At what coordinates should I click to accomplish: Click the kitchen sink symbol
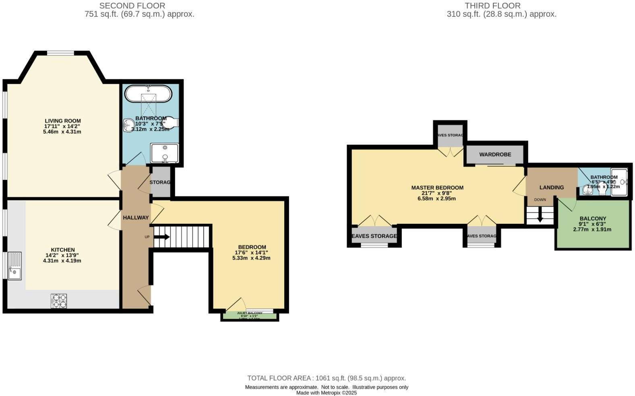15,266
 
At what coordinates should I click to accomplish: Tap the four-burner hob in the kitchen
59,301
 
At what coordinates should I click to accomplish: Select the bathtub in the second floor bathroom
148,95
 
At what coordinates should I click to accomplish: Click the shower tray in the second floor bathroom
165,153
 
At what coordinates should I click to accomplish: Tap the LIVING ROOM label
62,121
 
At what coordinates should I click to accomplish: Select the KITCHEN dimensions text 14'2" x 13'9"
62,255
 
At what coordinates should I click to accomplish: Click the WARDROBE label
495,155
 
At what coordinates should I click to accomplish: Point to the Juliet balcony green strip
249,316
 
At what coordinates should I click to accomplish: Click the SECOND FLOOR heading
132,6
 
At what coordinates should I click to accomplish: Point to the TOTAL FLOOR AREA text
326,378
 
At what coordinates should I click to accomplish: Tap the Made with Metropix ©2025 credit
327,393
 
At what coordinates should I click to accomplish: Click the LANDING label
551,187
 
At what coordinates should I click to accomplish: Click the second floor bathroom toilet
171,123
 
